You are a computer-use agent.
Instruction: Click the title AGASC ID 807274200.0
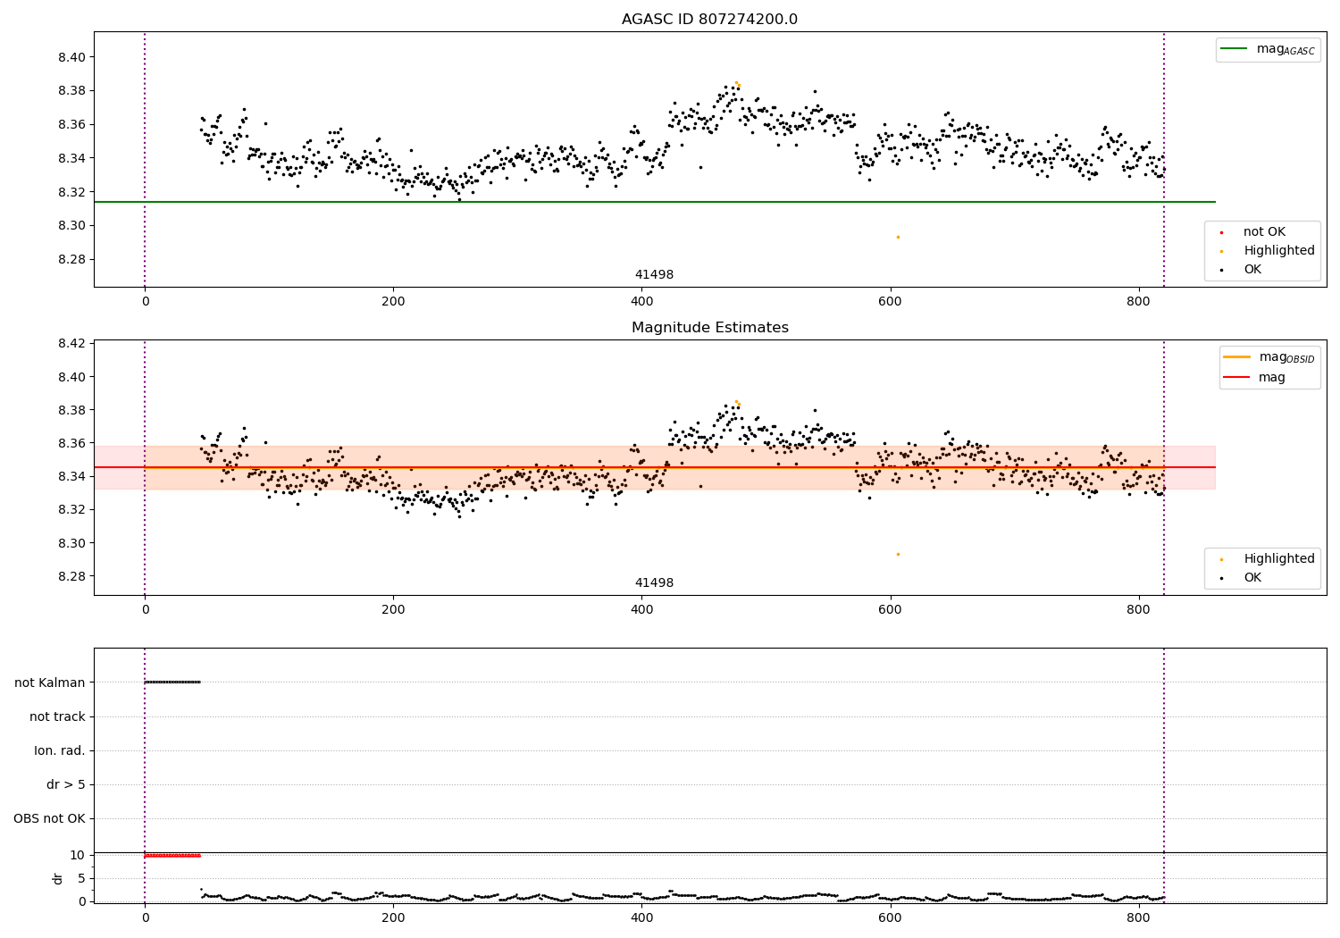(709, 19)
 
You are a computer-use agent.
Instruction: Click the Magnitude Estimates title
(710, 327)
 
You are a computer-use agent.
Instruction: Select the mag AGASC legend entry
(1268, 49)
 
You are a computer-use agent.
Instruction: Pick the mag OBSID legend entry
(1269, 357)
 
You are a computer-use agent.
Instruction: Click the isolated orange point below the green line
(898, 238)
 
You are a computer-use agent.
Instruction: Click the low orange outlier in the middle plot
(898, 555)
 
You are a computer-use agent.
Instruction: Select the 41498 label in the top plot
(654, 274)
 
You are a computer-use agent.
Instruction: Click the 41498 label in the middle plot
(654, 582)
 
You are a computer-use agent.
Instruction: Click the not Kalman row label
(50, 683)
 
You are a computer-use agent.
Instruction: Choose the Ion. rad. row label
(59, 750)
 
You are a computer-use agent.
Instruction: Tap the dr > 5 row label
(66, 785)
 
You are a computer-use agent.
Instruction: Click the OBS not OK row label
(49, 818)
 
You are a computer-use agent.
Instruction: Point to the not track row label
(57, 716)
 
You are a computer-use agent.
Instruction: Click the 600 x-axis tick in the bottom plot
(890, 918)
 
